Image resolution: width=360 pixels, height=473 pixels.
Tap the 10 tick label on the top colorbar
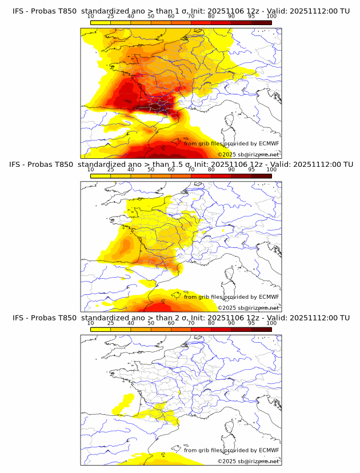[90, 17]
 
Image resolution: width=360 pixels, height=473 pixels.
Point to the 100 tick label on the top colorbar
[271, 17]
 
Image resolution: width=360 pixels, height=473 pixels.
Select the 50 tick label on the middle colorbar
[151, 170]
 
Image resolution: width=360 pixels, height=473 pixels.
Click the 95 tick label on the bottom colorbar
[251, 323]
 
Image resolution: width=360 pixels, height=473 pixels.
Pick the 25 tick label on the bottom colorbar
[110, 323]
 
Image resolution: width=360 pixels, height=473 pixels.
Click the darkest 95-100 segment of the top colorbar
[261, 22]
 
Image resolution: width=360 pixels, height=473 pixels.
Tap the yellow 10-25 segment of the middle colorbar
[101, 175]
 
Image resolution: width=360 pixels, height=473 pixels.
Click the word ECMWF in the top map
[269, 143]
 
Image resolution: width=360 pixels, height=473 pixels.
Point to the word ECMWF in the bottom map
[269, 450]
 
